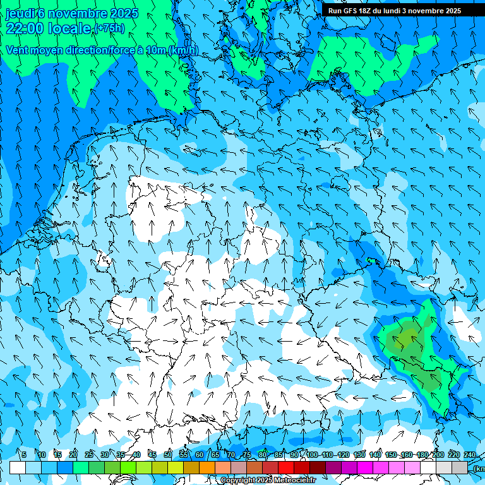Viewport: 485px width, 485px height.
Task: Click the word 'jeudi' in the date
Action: click(20, 13)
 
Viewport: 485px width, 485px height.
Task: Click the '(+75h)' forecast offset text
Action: click(109, 28)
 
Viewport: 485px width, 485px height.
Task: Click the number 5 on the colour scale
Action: click(24, 455)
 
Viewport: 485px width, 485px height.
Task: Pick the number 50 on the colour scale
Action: click(167, 455)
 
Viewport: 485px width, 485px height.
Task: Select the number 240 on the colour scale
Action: click(469, 455)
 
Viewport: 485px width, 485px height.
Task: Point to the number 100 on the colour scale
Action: click(312, 455)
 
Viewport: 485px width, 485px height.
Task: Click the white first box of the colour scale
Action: click(18, 467)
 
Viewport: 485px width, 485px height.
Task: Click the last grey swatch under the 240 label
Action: click(460, 467)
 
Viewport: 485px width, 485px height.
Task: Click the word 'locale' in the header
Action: click(69, 28)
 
